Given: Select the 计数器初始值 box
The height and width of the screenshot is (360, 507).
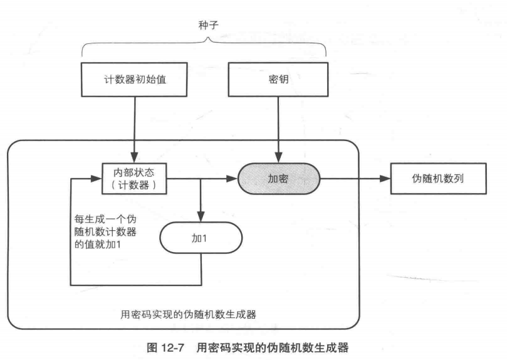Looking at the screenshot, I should coord(135,82).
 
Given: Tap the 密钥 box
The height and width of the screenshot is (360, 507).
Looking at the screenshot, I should coord(276,82).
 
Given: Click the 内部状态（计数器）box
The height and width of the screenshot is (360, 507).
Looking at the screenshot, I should coord(135,178).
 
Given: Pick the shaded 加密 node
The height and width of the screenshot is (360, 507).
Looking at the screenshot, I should coord(278,178).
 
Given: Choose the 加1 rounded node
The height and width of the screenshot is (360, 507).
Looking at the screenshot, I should coord(200,239).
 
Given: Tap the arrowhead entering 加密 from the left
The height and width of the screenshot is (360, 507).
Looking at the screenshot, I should coord(233,178).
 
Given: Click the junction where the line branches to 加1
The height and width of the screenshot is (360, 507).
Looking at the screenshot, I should coord(200,178).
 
